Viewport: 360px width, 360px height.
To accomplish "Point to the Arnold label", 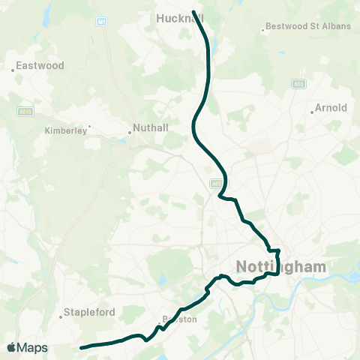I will [x=331, y=108].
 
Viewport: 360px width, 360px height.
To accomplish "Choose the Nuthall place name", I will [x=150, y=127].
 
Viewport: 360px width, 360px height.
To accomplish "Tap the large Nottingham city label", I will [x=281, y=266].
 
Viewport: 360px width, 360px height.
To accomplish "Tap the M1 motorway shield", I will [x=100, y=21].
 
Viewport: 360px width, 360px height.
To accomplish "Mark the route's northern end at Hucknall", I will [x=194, y=13].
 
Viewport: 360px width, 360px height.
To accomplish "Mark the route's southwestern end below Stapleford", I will [x=82, y=347].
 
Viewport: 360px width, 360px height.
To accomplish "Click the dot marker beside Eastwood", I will [x=13, y=70].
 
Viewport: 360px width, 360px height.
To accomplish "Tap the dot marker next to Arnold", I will [x=312, y=113].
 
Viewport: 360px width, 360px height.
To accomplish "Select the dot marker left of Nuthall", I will [x=129, y=133].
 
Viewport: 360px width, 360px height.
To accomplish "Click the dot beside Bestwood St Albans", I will [x=263, y=31].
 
